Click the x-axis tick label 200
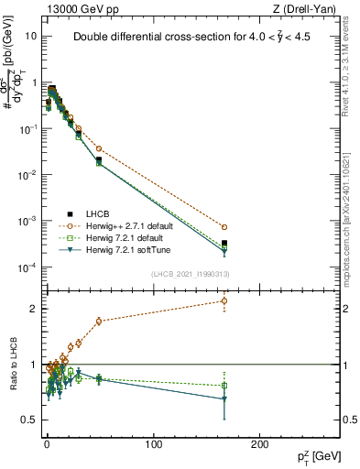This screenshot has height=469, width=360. pyautogui.click(x=259, y=445)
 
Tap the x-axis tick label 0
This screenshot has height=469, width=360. pyautogui.click(x=47, y=445)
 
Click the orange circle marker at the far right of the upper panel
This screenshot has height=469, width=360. pyautogui.click(x=224, y=227)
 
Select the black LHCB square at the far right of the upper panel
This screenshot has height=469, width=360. pyautogui.click(x=224, y=244)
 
